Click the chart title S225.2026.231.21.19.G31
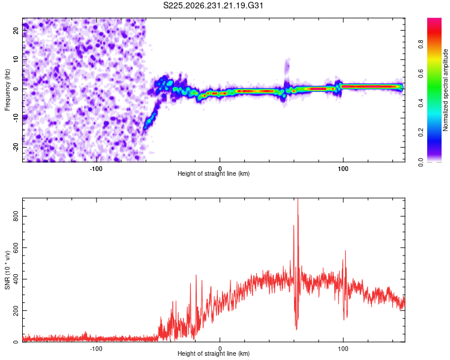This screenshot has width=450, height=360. pyautogui.click(x=213, y=5)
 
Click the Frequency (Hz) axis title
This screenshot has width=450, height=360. pyautogui.click(x=7, y=90)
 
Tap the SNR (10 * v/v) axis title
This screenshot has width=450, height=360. pyautogui.click(x=7, y=270)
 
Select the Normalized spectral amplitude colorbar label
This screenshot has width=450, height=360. pyautogui.click(x=445, y=90)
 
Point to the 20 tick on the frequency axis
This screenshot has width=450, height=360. pyautogui.click(x=16, y=30)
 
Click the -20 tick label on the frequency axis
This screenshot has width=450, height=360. pyautogui.click(x=16, y=147)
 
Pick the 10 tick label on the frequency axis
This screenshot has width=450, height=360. pyautogui.click(x=16, y=59)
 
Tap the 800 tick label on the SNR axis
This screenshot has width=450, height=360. pyautogui.click(x=16, y=216)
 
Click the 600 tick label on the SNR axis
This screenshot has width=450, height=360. pyautogui.click(x=16, y=247)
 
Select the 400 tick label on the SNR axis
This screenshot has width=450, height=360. pyautogui.click(x=16, y=279)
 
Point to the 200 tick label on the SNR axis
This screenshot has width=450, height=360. pyautogui.click(x=16, y=310)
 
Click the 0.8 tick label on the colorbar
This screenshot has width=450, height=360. pyautogui.click(x=421, y=44)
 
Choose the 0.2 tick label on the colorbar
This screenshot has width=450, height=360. pyautogui.click(x=421, y=133)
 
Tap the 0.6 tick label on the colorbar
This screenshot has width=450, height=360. pyautogui.click(x=421, y=73)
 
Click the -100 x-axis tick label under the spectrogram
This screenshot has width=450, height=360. pyautogui.click(x=96, y=169)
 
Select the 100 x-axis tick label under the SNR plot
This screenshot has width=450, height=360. pyautogui.click(x=343, y=349)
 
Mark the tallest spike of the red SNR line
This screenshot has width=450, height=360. pyautogui.click(x=298, y=199)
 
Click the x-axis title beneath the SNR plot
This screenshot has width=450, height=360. pyautogui.click(x=214, y=353)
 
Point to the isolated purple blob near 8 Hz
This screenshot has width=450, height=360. pyautogui.click(x=287, y=67)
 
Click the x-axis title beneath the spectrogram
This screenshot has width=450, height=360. pyautogui.click(x=214, y=173)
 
